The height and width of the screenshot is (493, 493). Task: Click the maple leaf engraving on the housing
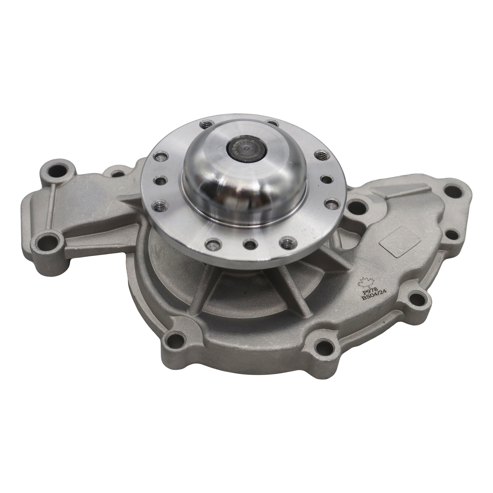pyautogui.click(x=366, y=282)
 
